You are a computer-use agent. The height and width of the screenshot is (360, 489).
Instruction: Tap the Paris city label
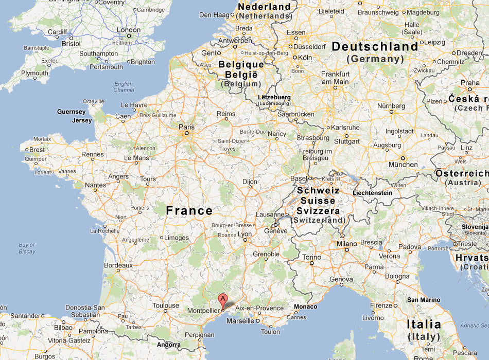[x=186, y=127]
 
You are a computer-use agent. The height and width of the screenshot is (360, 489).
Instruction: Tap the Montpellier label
[x=203, y=311]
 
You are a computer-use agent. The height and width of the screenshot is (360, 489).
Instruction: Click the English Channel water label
[x=124, y=87]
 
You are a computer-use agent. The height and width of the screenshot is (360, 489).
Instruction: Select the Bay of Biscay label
[x=27, y=248]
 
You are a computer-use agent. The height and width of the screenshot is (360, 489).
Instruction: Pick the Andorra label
[x=169, y=345]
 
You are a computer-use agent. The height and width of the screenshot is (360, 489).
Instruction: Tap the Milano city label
[x=346, y=244]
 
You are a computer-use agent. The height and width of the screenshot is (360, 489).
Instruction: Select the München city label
[x=403, y=165]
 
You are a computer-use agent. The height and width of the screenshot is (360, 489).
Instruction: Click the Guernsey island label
[x=71, y=112]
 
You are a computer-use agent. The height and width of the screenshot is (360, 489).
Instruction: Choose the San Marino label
[x=424, y=299]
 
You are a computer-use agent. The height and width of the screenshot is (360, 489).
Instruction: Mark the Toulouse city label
[x=165, y=305]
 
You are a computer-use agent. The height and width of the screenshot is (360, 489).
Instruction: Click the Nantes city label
[x=96, y=185]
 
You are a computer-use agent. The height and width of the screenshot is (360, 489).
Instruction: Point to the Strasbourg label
[x=313, y=138]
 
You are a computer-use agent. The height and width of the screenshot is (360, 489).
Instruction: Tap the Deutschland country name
[x=375, y=47]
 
